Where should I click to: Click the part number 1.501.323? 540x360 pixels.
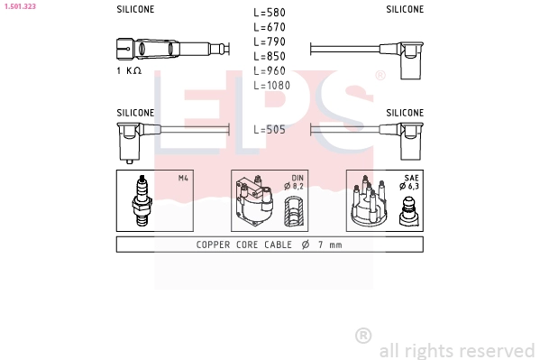(x=20, y=6)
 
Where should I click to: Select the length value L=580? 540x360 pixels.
(x=270, y=13)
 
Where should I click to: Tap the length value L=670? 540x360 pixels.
(x=270, y=27)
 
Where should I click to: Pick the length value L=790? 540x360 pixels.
(x=270, y=42)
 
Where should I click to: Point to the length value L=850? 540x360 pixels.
(x=270, y=56)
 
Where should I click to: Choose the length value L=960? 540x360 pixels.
(x=270, y=70)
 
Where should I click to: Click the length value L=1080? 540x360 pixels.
(x=271, y=85)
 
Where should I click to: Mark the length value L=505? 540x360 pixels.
(x=270, y=130)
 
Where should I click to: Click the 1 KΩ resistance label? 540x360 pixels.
(x=129, y=70)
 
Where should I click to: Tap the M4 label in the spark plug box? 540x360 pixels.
(x=183, y=178)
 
